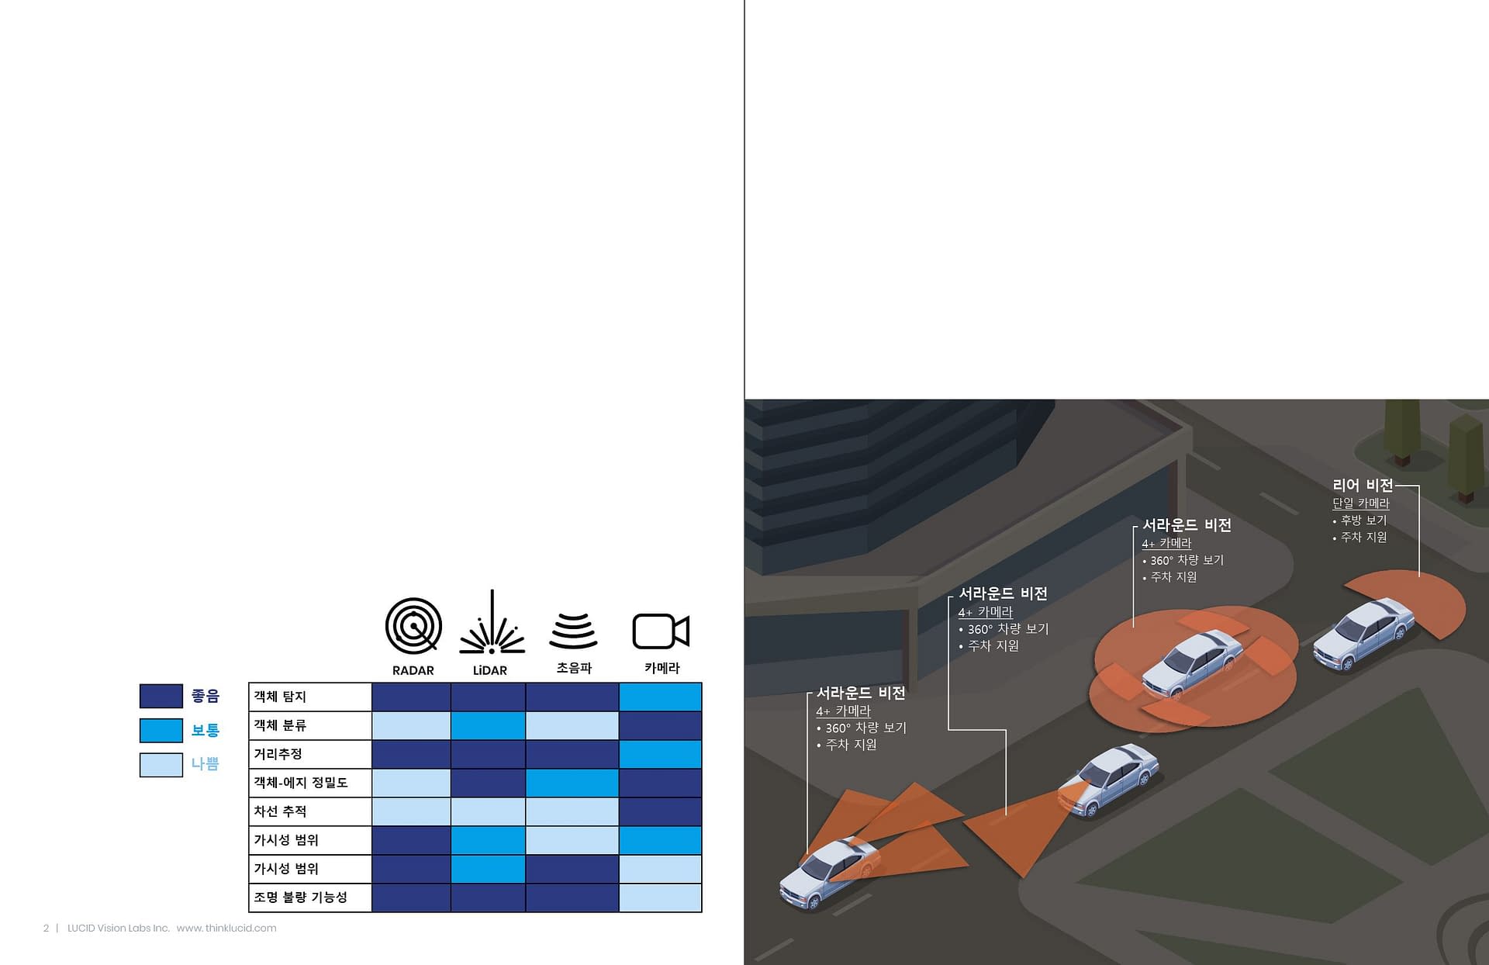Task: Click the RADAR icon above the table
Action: point(413,625)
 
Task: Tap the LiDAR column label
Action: point(490,670)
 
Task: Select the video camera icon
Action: point(661,631)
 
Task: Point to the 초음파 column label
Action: point(574,668)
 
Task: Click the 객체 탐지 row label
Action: point(280,697)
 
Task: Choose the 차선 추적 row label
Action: point(280,811)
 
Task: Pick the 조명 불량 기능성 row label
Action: point(300,898)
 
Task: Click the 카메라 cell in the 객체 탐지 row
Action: point(660,697)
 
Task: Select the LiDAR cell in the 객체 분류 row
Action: point(488,725)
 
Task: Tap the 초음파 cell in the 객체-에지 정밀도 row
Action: point(572,783)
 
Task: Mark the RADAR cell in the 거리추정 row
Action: point(411,754)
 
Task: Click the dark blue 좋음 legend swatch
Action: point(161,696)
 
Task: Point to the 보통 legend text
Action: point(206,730)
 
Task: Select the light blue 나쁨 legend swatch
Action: point(161,765)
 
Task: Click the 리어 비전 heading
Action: point(1363,485)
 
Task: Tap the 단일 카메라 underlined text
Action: point(1361,503)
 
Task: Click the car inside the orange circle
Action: point(1192,663)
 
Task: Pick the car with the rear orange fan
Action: point(1363,632)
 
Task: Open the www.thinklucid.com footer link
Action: point(226,928)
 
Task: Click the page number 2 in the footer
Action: point(46,928)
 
